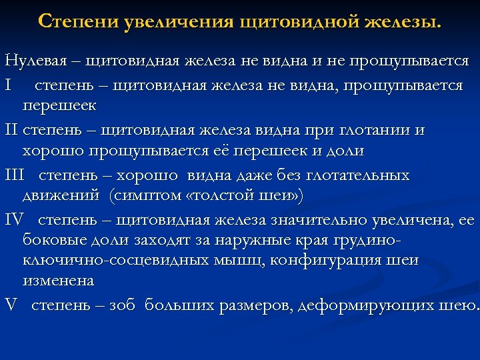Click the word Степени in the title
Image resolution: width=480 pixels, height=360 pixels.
pos(78,21)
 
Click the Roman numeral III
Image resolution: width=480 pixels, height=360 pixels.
pos(14,175)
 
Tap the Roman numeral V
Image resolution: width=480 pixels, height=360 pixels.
pos(10,305)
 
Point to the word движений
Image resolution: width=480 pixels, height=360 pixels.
pos(60,196)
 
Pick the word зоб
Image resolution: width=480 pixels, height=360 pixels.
pos(121,305)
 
